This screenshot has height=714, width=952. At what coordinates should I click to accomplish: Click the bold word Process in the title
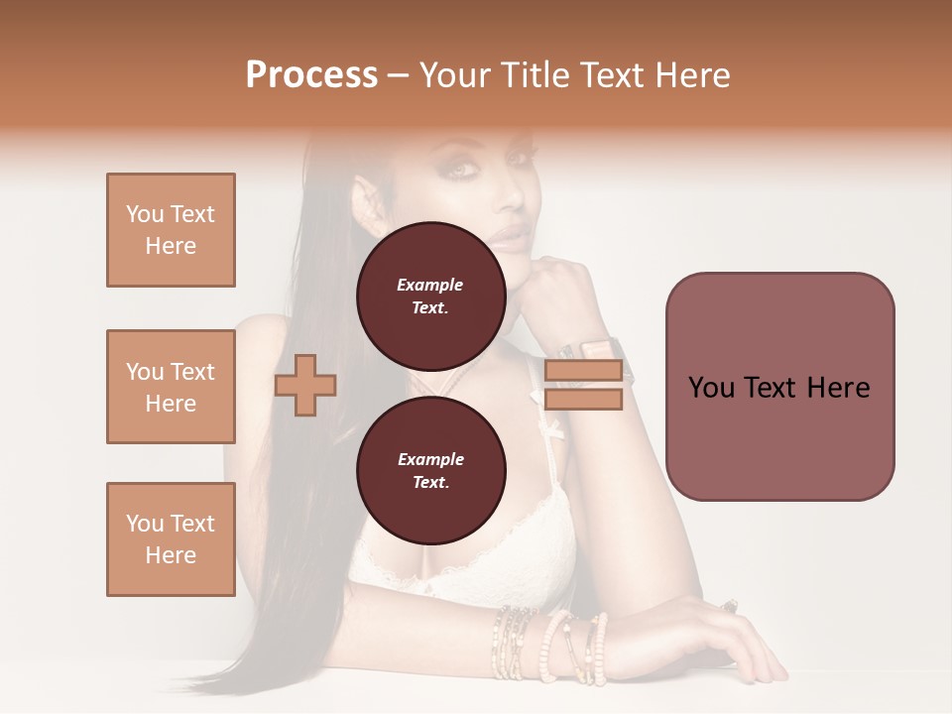[x=311, y=75]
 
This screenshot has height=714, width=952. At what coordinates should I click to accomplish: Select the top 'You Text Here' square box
[x=171, y=230]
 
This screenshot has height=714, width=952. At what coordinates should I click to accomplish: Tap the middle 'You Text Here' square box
[x=171, y=387]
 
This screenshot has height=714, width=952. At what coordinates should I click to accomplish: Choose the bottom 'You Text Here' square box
[x=171, y=539]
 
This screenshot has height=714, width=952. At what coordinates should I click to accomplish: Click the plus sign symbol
[x=305, y=385]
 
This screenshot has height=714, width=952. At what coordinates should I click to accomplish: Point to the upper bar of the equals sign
[x=583, y=371]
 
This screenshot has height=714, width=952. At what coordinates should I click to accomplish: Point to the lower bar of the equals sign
[x=583, y=399]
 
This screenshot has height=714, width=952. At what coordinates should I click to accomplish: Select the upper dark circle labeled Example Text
[x=430, y=296]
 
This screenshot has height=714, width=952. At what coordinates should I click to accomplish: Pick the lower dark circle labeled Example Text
[x=430, y=470]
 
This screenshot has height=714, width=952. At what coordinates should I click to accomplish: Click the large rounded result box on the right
[x=779, y=387]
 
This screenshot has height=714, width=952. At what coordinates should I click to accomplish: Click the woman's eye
[x=463, y=170]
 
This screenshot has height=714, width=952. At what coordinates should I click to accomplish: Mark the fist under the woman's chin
[x=550, y=288]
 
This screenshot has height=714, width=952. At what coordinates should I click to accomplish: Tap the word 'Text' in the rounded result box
[x=780, y=387]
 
